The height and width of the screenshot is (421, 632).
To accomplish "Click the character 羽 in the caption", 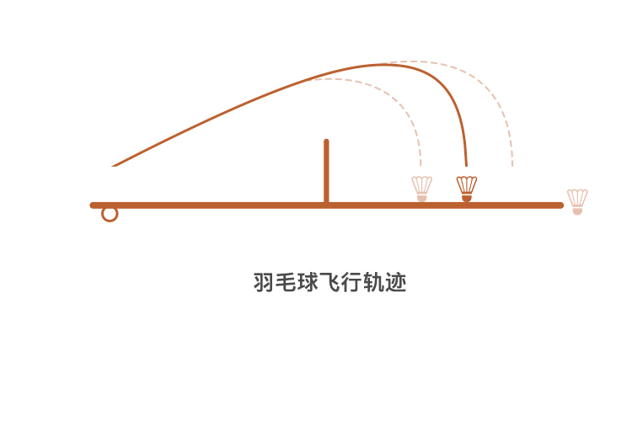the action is click(264, 282).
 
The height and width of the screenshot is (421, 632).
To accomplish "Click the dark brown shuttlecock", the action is click(467, 188).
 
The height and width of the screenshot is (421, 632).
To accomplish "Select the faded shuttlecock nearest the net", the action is click(422, 188).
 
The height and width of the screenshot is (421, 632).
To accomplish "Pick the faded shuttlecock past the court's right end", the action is click(577, 201).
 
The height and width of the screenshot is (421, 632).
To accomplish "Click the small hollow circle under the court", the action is click(110, 214).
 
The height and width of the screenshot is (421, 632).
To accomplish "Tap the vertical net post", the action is click(326, 173).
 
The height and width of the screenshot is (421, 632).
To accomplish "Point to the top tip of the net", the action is click(326, 142).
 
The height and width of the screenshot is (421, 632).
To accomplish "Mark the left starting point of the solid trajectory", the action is click(113, 166).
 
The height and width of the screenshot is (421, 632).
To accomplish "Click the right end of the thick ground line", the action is click(560, 205).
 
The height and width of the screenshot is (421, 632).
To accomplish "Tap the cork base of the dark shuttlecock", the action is click(467, 198).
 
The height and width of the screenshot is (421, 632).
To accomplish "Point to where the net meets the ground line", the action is click(326, 204).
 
